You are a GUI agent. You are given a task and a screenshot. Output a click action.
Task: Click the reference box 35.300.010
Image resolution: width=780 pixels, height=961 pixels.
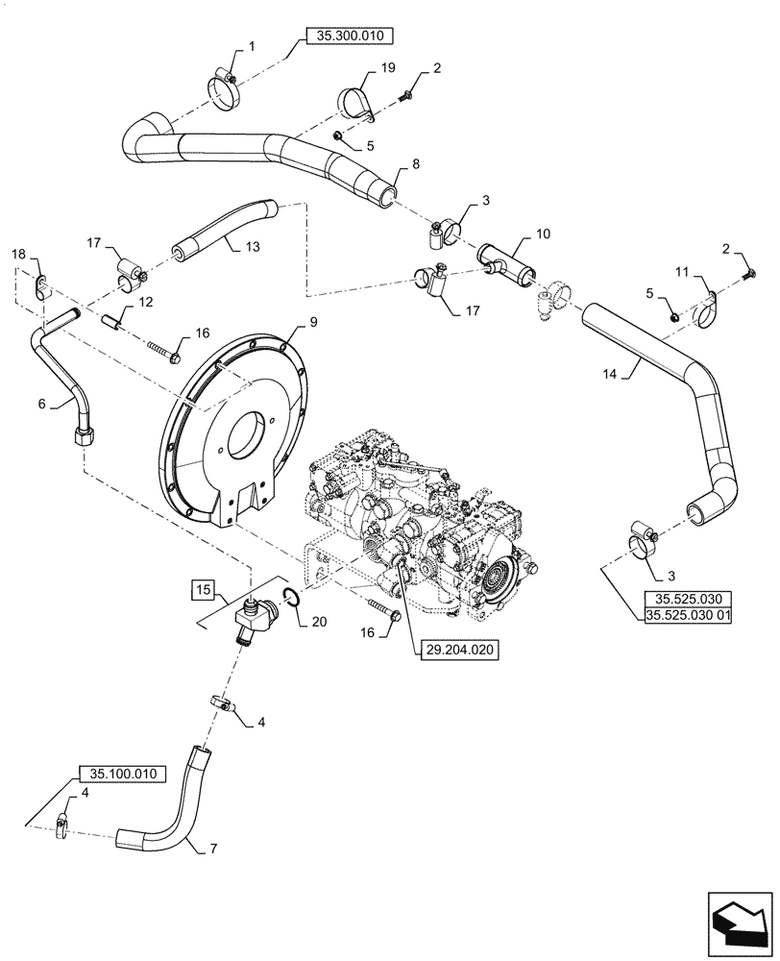tap(350, 37)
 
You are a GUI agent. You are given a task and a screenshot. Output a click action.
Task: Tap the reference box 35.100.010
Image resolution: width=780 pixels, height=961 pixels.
tap(121, 774)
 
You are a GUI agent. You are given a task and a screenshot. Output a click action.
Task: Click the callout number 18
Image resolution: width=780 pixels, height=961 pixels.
tap(18, 254)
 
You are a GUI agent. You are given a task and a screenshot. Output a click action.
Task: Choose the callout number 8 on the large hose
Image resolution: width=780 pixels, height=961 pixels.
tap(415, 166)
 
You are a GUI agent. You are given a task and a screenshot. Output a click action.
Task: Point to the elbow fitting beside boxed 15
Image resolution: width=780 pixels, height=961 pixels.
tap(252, 619)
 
